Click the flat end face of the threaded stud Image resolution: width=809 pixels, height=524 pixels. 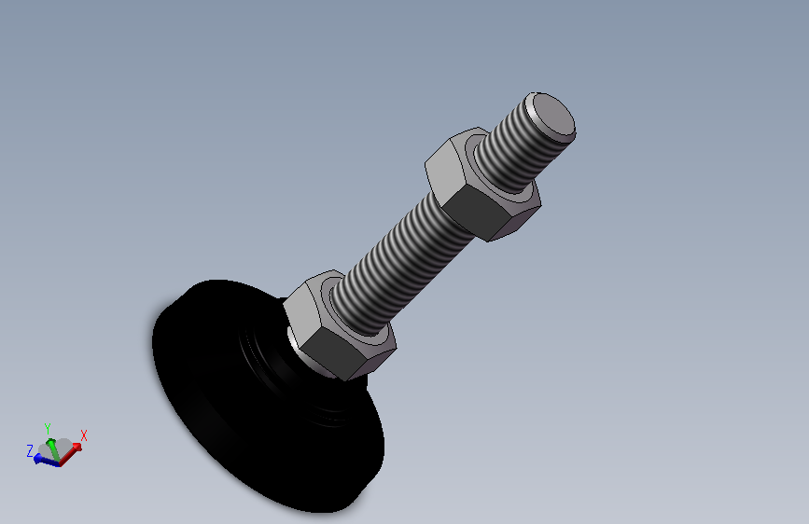pyautogui.click(x=553, y=116)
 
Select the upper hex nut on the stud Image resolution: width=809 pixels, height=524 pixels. pyautogui.click(x=482, y=184)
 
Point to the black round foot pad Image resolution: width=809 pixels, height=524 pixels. pyautogui.click(x=269, y=397)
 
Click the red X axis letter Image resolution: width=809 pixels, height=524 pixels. pyautogui.click(x=84, y=435)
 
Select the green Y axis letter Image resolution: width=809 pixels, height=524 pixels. pyautogui.click(x=48, y=429)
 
